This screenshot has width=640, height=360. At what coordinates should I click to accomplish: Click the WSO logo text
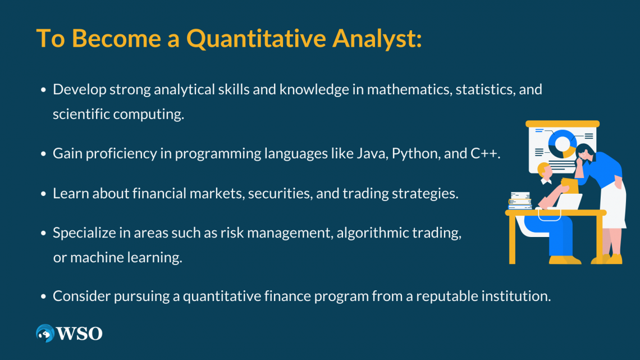pyautogui.click(x=80, y=334)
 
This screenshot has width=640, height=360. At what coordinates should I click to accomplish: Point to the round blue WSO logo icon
pyautogui.click(x=45, y=333)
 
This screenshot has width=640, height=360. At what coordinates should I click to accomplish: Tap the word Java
pyautogui.click(x=372, y=153)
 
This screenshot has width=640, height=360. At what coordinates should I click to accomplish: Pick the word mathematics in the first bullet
pyautogui.click(x=409, y=90)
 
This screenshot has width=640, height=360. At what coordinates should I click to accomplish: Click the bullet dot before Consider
pyautogui.click(x=44, y=297)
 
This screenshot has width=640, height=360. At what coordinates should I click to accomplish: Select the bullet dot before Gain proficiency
pyautogui.click(x=44, y=154)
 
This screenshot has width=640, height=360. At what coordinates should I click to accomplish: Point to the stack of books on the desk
pyautogui.click(x=520, y=201)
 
